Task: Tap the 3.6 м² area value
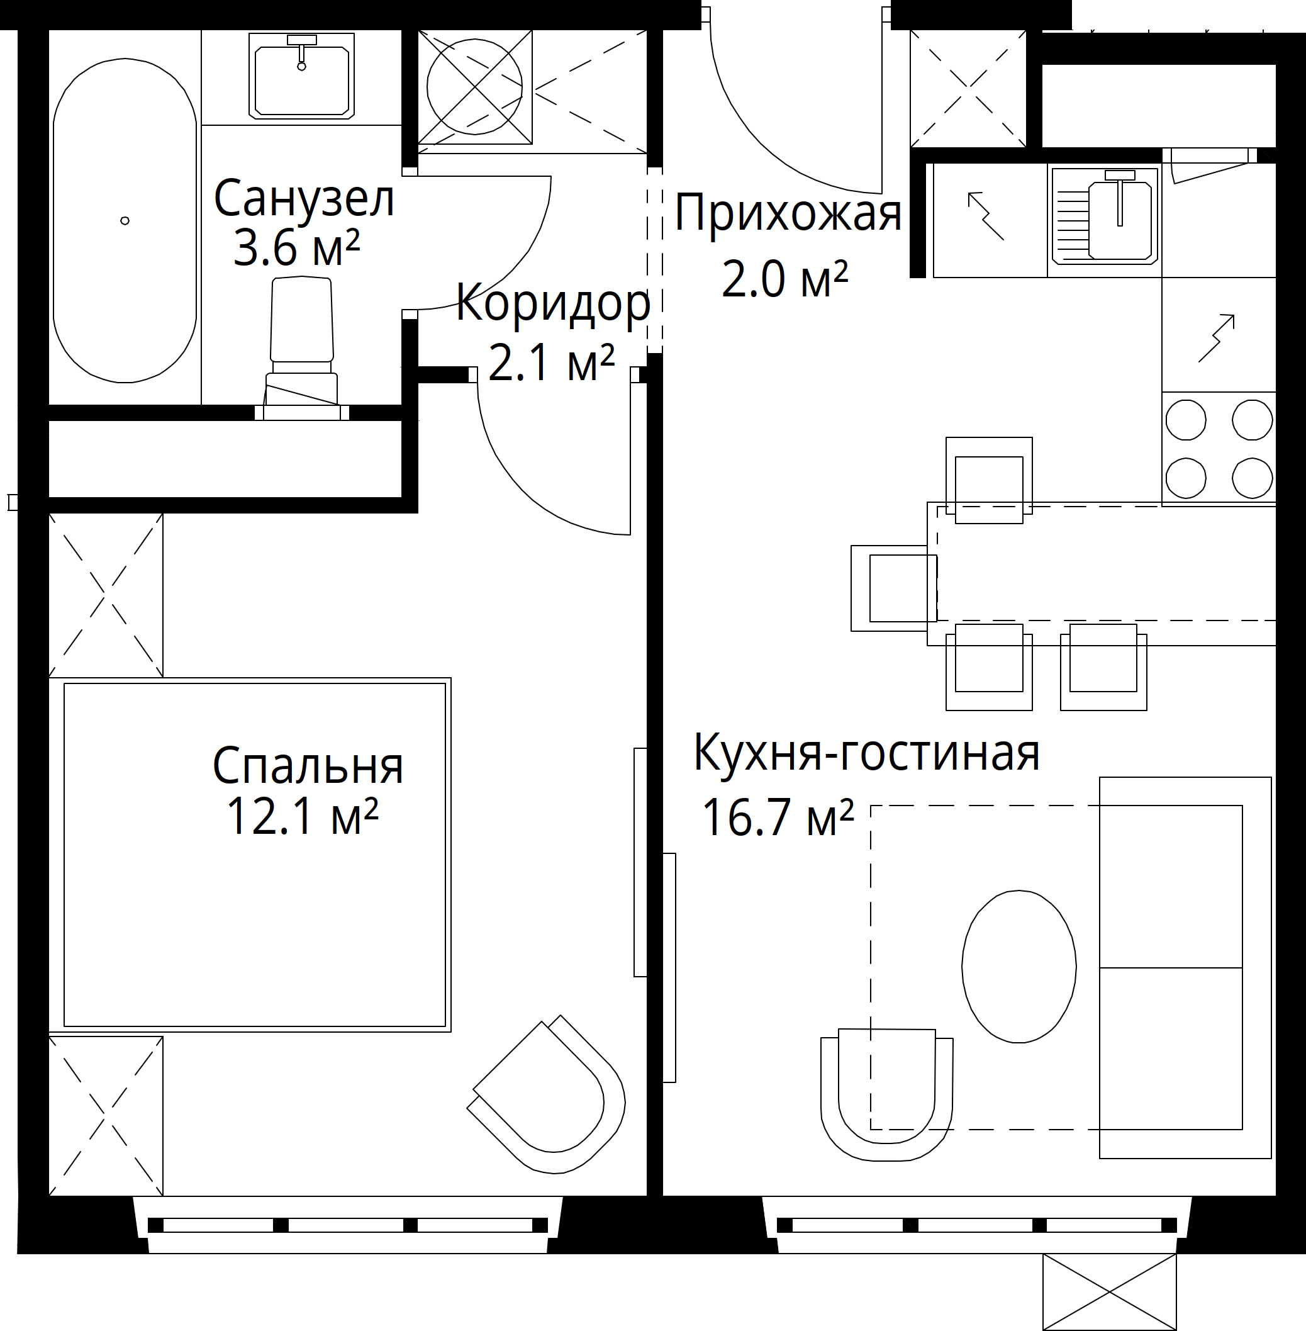[x=296, y=249]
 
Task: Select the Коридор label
[x=553, y=303]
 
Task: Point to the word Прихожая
[x=788, y=213]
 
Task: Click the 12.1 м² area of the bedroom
[x=302, y=816]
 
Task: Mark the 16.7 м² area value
[x=778, y=818]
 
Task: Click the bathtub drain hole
[x=125, y=221]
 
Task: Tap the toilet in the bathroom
[x=302, y=349]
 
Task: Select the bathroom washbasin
[x=302, y=76]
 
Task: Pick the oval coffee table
[x=1019, y=967]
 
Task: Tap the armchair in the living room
[x=886, y=1094]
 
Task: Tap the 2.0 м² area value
[x=784, y=279]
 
